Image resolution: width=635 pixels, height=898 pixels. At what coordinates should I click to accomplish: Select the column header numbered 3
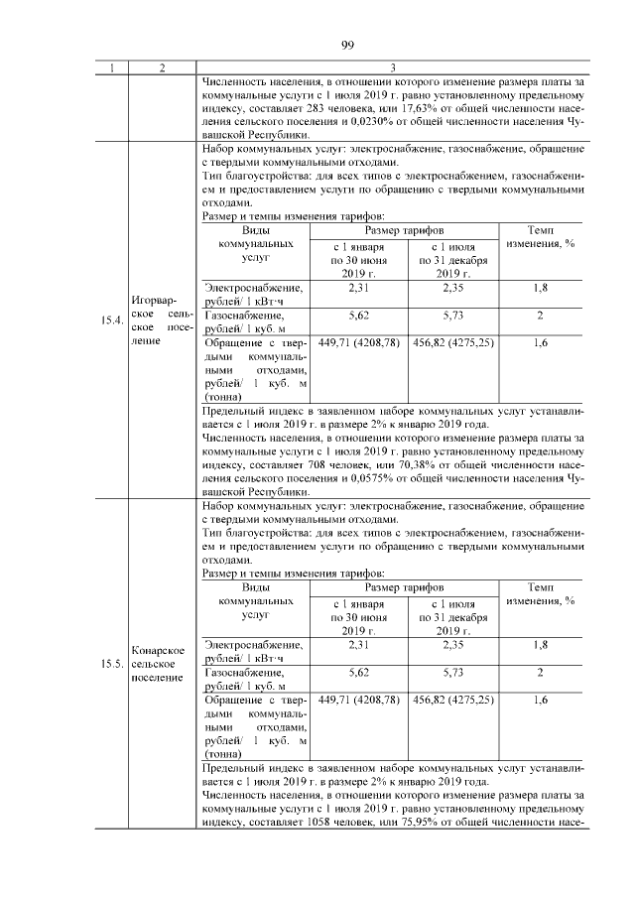coord(394,68)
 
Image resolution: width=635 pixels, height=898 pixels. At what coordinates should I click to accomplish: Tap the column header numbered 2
coord(160,68)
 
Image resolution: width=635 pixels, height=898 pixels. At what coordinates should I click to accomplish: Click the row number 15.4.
coord(111,321)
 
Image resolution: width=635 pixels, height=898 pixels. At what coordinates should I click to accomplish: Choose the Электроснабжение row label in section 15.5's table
coord(254,645)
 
